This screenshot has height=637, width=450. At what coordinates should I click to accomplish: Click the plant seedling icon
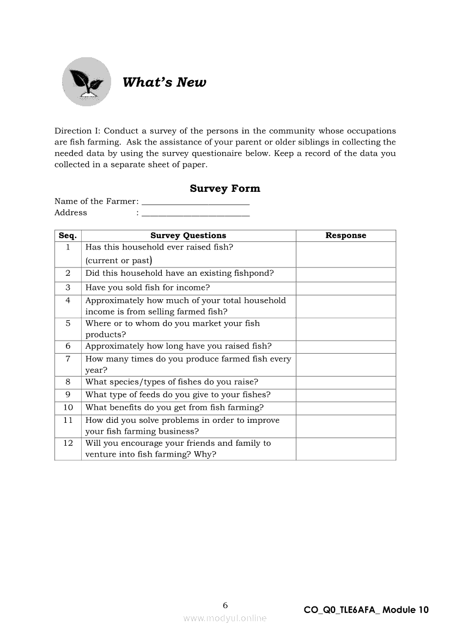[x=86, y=82]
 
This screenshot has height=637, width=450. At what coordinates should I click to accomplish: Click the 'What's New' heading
[x=164, y=82]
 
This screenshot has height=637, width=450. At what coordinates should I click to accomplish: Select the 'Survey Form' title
[x=225, y=189]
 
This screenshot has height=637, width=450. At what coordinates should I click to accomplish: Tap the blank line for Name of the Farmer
[x=195, y=203]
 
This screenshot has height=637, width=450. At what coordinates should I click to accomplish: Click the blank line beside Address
[x=195, y=214]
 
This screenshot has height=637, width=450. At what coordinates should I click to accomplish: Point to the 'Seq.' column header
[x=68, y=235]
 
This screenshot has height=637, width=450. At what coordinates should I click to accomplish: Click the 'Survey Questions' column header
[x=188, y=235]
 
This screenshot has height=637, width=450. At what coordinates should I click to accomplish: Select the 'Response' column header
[x=345, y=235]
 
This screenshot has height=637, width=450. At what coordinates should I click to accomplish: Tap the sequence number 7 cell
[x=68, y=359]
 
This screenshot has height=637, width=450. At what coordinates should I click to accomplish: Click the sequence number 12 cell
[x=68, y=443]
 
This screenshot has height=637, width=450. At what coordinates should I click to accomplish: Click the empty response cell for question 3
[x=345, y=288]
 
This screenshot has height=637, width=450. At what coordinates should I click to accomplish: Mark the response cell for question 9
[x=345, y=395]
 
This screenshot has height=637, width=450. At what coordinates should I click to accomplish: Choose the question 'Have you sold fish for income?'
[x=147, y=288]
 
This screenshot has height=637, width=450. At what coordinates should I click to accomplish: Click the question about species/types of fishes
[x=172, y=382]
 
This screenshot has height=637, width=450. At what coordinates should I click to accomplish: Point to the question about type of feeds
[x=178, y=395]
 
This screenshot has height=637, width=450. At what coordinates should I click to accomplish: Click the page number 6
[x=225, y=605]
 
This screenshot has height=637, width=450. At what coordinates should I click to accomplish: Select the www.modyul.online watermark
[x=225, y=618]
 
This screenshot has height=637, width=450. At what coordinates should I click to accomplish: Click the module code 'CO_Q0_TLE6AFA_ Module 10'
[x=366, y=610]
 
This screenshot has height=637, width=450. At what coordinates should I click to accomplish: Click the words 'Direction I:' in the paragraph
[x=77, y=131]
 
